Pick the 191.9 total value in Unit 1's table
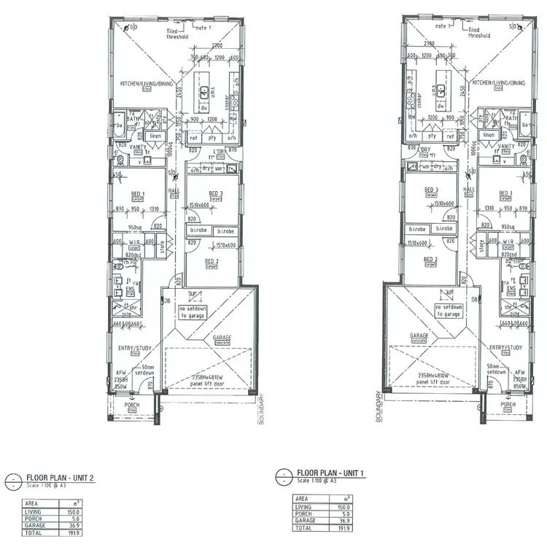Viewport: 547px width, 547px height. pyautogui.click(x=344, y=527)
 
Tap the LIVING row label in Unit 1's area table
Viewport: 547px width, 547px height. pyautogui.click(x=303, y=507)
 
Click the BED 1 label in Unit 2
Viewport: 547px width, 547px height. pyautogui.click(x=138, y=193)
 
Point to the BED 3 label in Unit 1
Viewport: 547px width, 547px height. pyautogui.click(x=430, y=190)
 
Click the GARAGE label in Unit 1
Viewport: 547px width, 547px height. pyautogui.click(x=419, y=336)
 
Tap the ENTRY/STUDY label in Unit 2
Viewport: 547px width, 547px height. pyautogui.click(x=133, y=348)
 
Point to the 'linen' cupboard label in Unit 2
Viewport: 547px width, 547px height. pyautogui.click(x=155, y=136)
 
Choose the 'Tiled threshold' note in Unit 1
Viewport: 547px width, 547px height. pyautogui.click(x=479, y=31)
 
